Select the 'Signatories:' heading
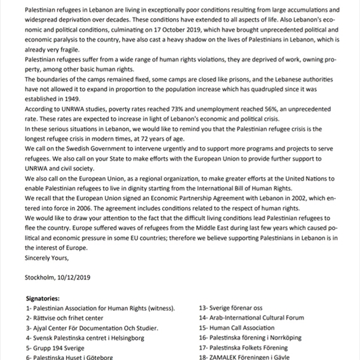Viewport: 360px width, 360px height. coord(43,298)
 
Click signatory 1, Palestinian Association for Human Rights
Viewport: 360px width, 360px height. coord(101,308)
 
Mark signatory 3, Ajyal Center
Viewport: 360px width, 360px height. coord(92,328)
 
